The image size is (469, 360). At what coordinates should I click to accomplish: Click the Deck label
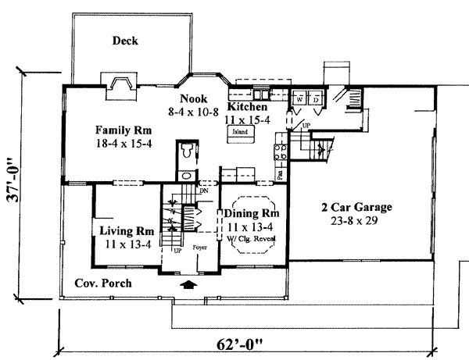(124, 41)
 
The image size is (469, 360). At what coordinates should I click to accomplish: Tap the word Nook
(193, 98)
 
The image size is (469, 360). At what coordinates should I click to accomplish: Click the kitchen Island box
(241, 133)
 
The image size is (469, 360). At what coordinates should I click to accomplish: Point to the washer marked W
(299, 100)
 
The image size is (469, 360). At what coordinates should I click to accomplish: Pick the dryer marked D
(315, 100)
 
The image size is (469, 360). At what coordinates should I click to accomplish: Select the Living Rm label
(126, 231)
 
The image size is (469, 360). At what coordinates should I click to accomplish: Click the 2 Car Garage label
(356, 208)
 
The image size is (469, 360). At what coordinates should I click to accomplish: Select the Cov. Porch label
(102, 283)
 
